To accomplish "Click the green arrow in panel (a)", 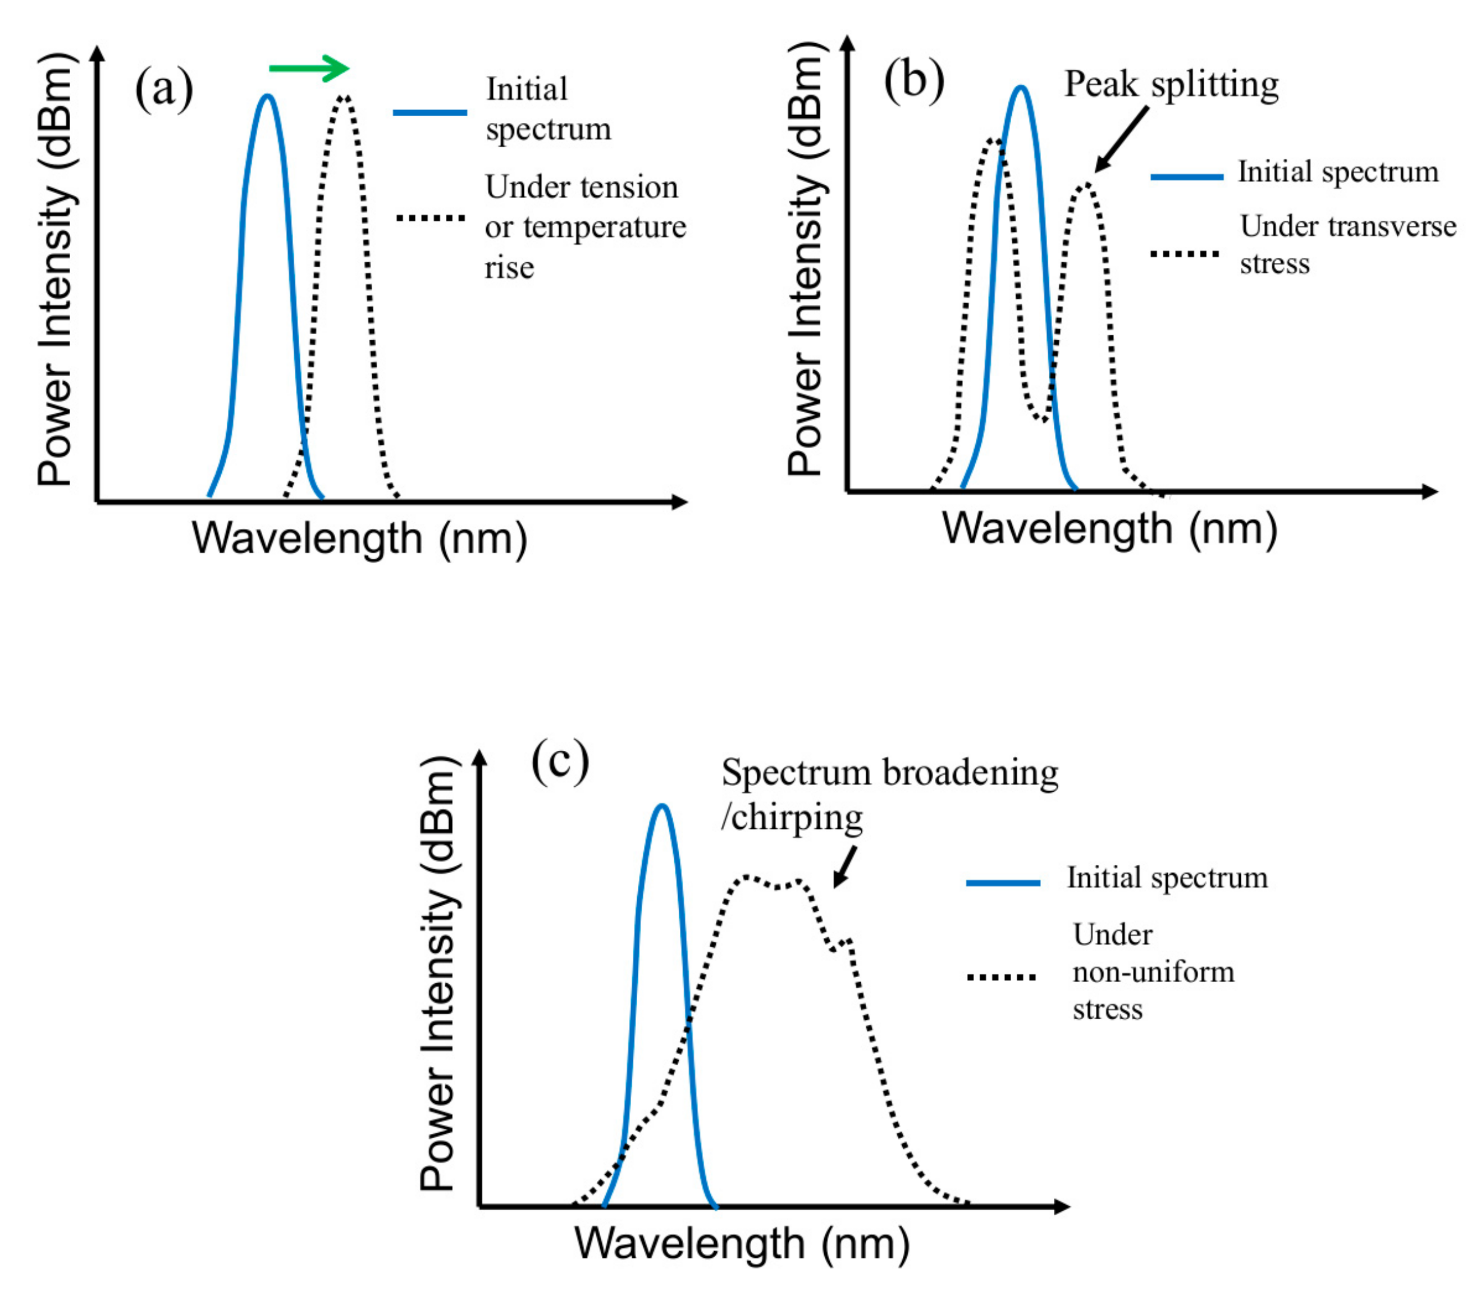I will [x=308, y=69].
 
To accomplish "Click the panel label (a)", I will [x=164, y=89].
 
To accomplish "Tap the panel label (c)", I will [x=560, y=762].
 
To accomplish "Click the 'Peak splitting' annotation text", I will [x=1171, y=85].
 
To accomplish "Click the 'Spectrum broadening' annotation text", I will [x=890, y=774].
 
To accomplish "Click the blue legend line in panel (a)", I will [x=429, y=112].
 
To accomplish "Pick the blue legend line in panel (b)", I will [x=1186, y=176].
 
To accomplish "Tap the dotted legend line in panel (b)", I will [x=1184, y=254].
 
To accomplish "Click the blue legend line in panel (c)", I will [x=1003, y=883].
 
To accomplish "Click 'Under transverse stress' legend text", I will [x=1347, y=245].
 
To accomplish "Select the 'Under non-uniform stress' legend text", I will [x=1153, y=972].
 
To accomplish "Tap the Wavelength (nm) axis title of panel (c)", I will [x=742, y=1243].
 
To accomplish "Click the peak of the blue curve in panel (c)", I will [x=662, y=807].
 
